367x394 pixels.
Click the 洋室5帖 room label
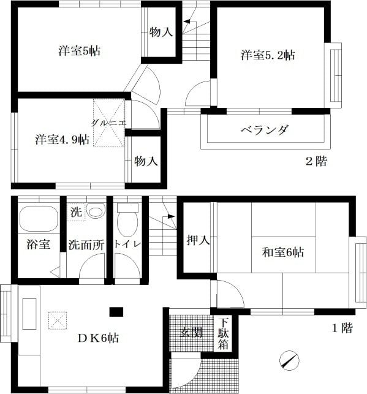coord(80,51)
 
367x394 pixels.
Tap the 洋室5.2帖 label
coord(268,55)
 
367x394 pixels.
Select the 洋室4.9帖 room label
coord(62,140)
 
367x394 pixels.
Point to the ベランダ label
coord(265,130)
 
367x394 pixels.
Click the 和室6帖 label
coord(283,252)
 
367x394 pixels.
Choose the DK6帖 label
coord(98,338)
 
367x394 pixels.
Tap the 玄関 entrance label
coord(191,333)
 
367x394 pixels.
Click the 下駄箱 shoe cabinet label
coord(223,334)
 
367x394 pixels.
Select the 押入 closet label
coord(198,240)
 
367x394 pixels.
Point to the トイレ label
coord(127,244)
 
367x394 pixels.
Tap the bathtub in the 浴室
coord(39,219)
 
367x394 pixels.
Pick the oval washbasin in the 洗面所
coord(96,211)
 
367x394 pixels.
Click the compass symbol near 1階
coord(289,360)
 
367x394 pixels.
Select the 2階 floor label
coord(317,161)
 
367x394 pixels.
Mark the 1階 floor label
coord(342,328)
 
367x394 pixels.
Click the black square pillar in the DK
coord(116,312)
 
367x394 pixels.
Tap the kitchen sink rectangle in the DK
coord(29,314)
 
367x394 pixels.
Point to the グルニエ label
coord(108,123)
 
